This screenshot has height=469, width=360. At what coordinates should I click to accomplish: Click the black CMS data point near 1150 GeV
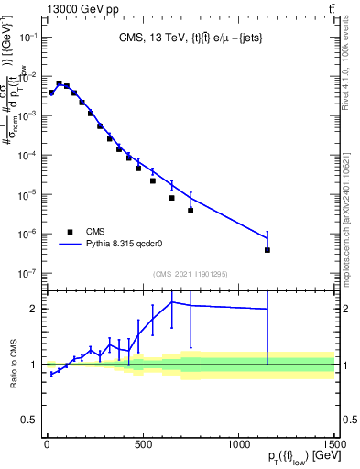click(x=267, y=250)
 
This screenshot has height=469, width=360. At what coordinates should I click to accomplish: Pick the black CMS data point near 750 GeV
click(x=191, y=211)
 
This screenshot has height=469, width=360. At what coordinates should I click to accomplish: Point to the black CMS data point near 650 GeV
click(x=171, y=198)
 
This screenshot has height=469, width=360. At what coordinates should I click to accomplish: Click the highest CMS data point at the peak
click(x=59, y=83)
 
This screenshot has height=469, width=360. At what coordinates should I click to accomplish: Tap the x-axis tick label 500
click(x=142, y=446)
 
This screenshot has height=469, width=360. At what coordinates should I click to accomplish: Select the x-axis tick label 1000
click(x=238, y=446)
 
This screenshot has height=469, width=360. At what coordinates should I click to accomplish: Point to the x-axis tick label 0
click(x=47, y=446)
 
